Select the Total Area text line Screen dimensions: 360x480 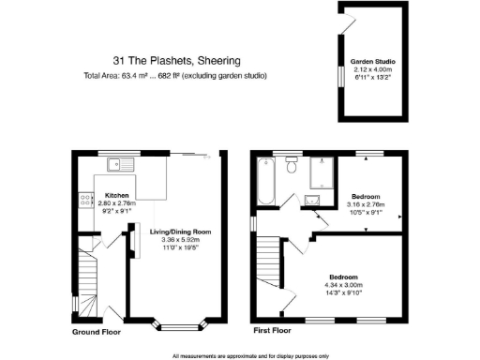click(174, 75)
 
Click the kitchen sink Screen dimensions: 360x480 click(122, 167)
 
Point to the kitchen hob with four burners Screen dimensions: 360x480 click(84, 200)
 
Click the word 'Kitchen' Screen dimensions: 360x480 click(116, 197)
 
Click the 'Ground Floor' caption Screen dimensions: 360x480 click(97, 331)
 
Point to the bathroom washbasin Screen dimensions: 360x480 click(312, 199)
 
